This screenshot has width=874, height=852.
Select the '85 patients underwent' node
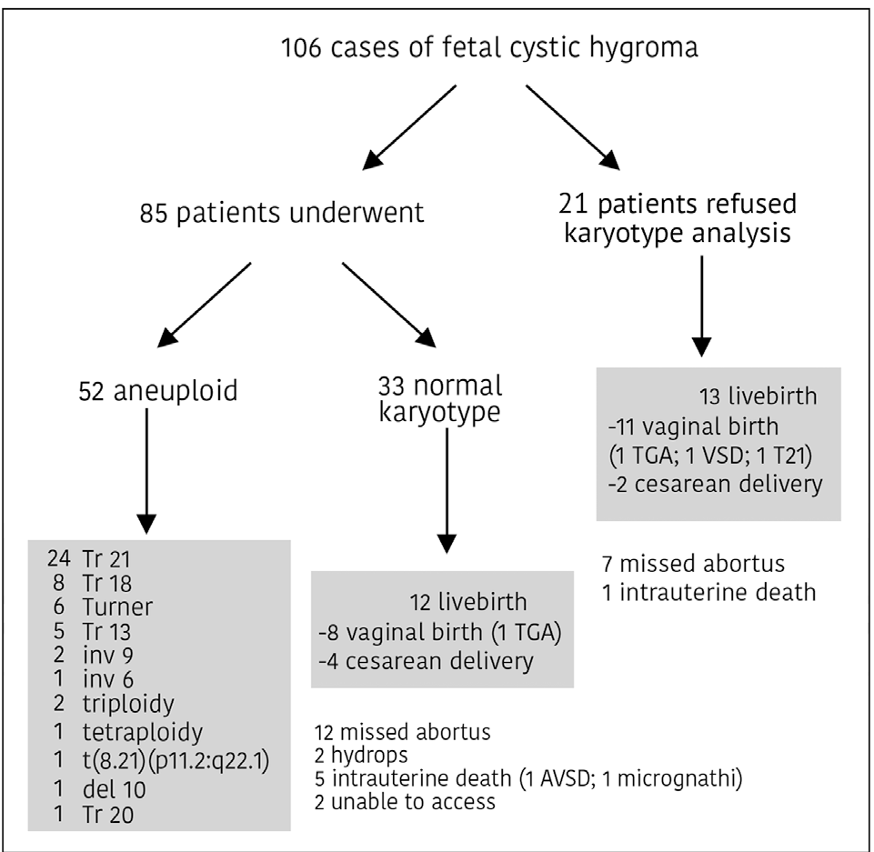[x=282, y=214]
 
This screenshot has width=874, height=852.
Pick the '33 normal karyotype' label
[x=439, y=399]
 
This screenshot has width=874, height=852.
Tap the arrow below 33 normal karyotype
[x=446, y=491]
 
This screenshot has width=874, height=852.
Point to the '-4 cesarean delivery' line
[x=426, y=661]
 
